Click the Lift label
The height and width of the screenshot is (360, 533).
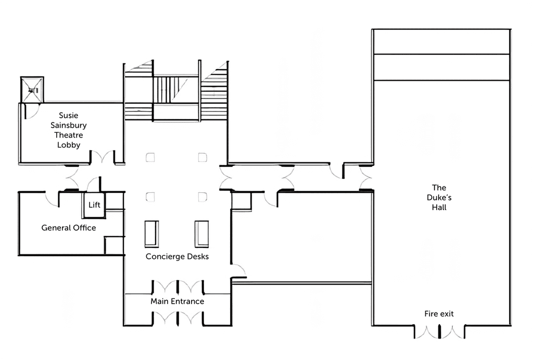[x=94, y=205]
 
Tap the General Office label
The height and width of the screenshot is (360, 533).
[x=69, y=228]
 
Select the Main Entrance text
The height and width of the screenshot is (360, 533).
[x=177, y=301]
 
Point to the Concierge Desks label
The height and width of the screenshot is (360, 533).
[x=177, y=256]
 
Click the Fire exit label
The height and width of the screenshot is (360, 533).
[x=439, y=314]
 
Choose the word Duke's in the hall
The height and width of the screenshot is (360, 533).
[x=439, y=197]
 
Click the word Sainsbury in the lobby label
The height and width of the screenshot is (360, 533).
[x=69, y=125]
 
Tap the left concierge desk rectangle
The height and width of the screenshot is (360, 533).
[x=151, y=234]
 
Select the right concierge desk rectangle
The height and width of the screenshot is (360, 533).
[x=201, y=234]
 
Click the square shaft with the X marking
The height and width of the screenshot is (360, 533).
[x=32, y=90]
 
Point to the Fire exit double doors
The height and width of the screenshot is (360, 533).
[x=439, y=332]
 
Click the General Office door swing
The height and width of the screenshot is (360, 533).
[x=52, y=200]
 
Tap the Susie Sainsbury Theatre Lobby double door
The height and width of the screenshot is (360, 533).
[x=103, y=157]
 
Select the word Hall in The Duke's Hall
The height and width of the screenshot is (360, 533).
[x=439, y=207]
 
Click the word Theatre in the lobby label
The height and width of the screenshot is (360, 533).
[x=69, y=135]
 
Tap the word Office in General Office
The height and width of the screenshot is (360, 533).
[x=85, y=228]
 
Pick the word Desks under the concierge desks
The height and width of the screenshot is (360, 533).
[x=198, y=256]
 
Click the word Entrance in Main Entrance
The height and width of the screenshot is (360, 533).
[x=187, y=301]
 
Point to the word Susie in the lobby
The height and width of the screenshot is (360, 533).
[x=69, y=115]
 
